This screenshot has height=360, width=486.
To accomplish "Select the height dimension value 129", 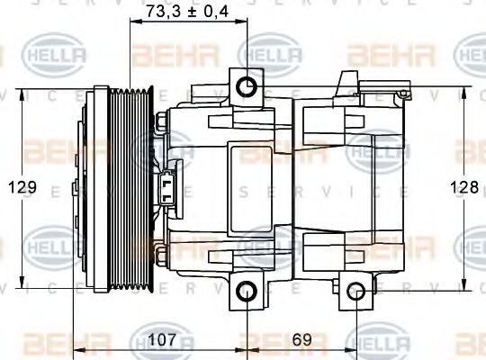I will point(23,187).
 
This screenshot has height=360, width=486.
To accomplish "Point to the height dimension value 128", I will point(464,187).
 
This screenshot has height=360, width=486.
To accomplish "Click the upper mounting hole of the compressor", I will point(246,87).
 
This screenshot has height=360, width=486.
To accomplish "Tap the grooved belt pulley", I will point(131,188).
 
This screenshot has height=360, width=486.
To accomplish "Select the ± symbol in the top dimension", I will point(192,12).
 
